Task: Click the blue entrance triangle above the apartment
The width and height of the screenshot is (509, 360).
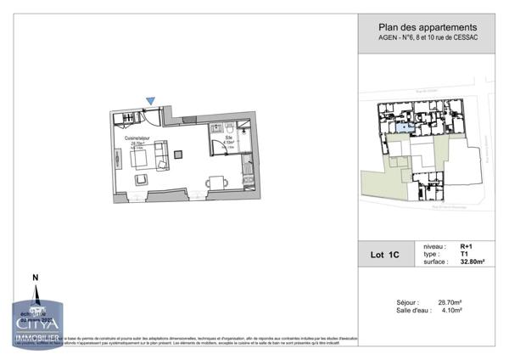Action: (x=150, y=101)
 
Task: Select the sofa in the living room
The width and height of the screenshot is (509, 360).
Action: (x=159, y=155)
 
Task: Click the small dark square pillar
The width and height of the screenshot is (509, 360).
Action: (x=178, y=154)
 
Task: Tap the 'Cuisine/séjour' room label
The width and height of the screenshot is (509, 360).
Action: (x=137, y=138)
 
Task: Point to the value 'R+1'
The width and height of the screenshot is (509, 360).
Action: (x=467, y=246)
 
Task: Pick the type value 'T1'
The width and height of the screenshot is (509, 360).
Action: (x=464, y=254)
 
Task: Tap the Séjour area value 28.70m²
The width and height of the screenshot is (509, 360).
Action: (x=448, y=301)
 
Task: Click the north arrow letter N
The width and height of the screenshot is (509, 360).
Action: (x=35, y=278)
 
